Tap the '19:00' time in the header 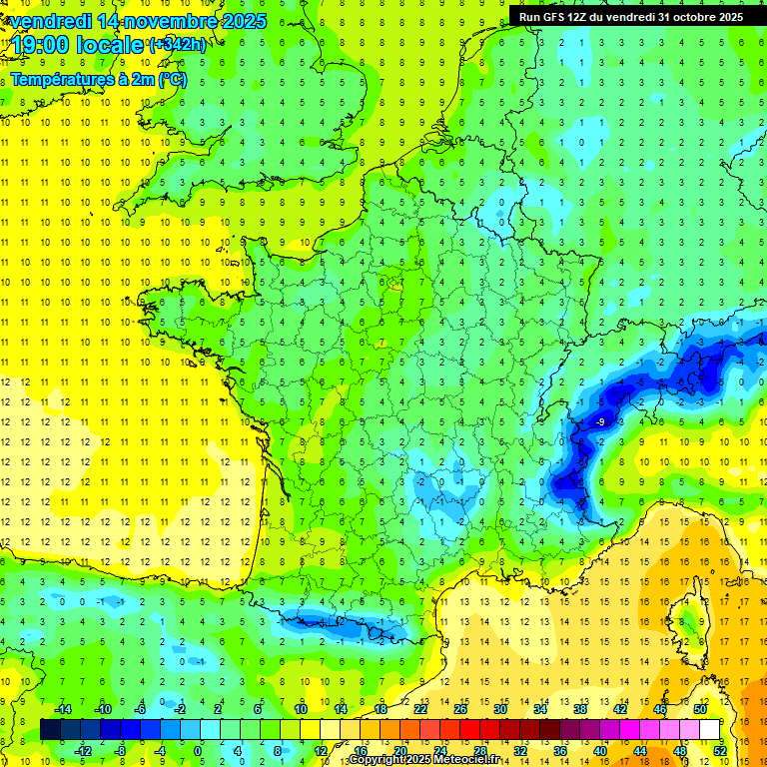pos(38,45)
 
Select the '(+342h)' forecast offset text pos(178,44)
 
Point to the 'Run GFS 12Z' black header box pos(630,16)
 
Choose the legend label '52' pos(720,751)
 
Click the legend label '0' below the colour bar pos(198,751)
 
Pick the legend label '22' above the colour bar pos(419,709)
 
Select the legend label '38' pos(580,709)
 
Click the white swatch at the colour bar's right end pos(710,730)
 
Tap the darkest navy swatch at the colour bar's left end pos(51,730)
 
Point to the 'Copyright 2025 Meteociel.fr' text pos(423,760)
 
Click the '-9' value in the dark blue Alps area pos(600,423)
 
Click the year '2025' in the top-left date pos(242,20)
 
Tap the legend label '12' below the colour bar pos(320,751)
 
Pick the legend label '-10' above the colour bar pos(102,709)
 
